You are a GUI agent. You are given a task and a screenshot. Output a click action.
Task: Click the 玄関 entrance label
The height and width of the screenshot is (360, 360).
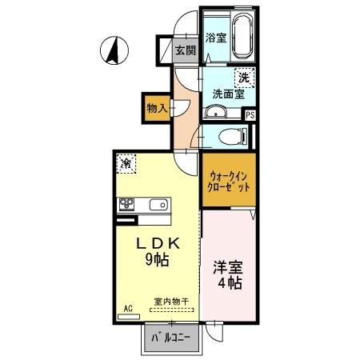pyautogui.click(x=186, y=50)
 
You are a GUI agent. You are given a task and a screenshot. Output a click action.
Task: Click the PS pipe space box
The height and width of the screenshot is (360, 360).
pyautogui.click(x=250, y=115)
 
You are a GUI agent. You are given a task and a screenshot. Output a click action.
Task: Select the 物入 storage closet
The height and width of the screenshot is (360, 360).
pyautogui.click(x=157, y=107)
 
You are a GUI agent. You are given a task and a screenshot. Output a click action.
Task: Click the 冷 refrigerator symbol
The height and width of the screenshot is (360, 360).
pyautogui.click(x=127, y=162)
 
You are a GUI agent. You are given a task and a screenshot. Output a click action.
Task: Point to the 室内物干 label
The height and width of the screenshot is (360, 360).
pyautogui.click(x=171, y=302)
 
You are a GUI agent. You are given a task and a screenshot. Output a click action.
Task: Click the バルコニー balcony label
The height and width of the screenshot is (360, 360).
pyautogui.click(x=170, y=338)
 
